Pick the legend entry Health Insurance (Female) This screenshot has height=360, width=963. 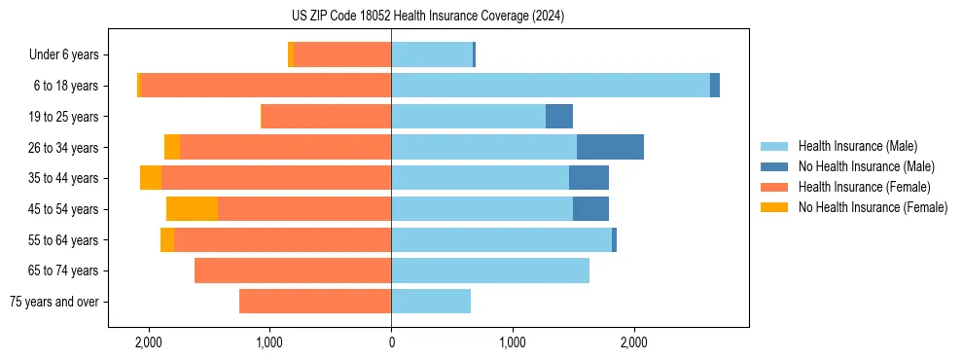(864, 187)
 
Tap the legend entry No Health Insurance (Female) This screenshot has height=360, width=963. (873, 207)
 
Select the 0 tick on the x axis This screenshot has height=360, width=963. (391, 342)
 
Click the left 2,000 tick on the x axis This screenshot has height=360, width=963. (148, 342)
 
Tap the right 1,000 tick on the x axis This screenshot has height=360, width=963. (512, 342)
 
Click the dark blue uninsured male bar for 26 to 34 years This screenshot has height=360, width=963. (610, 147)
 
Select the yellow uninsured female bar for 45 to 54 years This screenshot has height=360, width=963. (192, 208)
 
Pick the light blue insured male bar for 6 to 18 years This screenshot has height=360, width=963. (550, 86)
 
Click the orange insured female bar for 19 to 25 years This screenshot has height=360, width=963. (326, 117)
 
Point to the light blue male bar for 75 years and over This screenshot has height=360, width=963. (431, 302)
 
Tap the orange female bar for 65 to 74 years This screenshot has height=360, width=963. (293, 270)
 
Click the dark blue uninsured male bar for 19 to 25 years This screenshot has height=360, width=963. (559, 117)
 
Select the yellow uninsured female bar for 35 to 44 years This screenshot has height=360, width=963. (151, 178)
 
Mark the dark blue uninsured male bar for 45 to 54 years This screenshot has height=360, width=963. (590, 208)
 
